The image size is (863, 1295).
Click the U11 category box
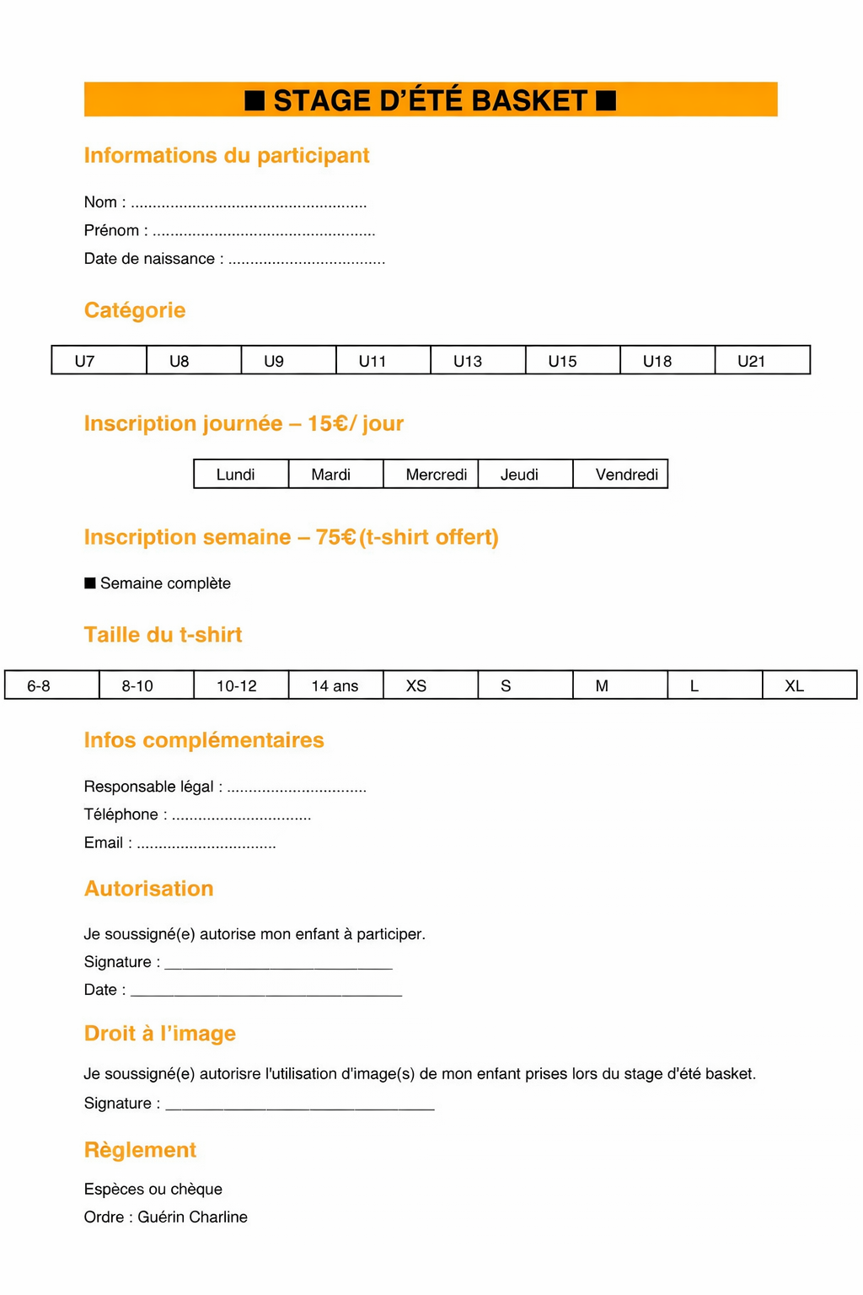(x=383, y=361)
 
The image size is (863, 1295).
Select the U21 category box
(x=762, y=361)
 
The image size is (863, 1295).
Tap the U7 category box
(x=99, y=361)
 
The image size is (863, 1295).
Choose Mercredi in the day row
(x=431, y=475)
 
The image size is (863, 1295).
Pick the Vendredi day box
(x=620, y=475)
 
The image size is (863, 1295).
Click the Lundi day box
(x=241, y=475)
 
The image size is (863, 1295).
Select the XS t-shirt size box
(x=431, y=685)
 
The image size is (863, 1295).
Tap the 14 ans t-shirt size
(x=335, y=685)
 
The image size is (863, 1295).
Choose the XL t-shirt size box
(x=809, y=685)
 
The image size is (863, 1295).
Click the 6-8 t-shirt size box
(x=51, y=685)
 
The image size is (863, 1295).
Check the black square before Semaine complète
(x=90, y=583)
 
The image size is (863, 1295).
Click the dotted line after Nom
(x=249, y=204)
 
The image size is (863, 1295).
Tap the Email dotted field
(x=206, y=845)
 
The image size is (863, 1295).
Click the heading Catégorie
(x=135, y=310)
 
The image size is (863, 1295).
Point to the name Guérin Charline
(x=193, y=1217)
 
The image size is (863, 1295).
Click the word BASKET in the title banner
(x=529, y=100)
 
